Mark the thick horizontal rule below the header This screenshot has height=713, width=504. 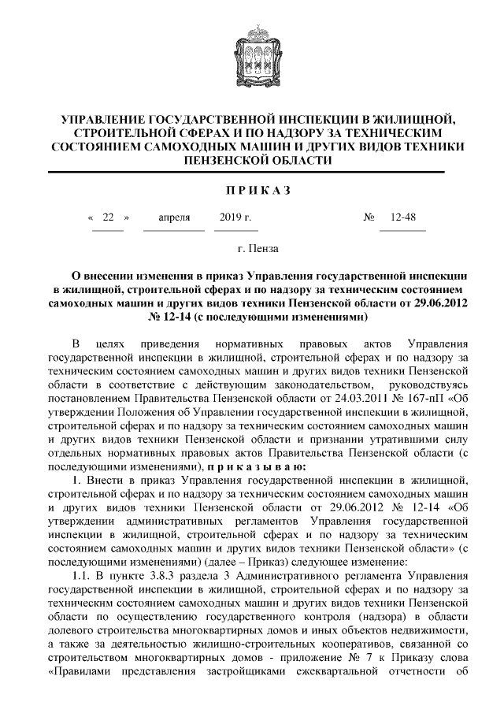pos(252,171)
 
